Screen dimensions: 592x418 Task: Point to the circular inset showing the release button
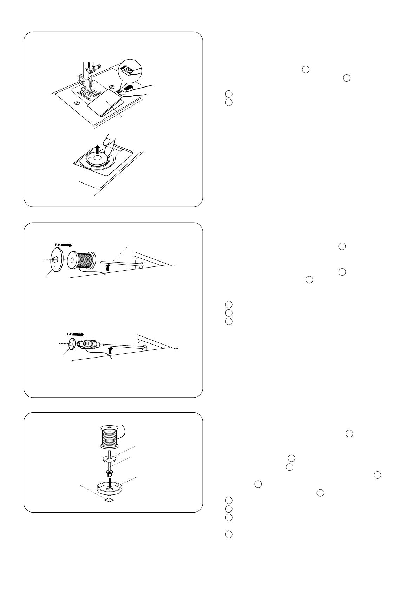129,71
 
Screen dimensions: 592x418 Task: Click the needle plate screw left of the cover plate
76,103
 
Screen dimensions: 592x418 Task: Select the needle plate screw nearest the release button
111,86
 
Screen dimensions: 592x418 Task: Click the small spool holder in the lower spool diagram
71,344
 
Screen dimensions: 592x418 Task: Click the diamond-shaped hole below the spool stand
109,500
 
